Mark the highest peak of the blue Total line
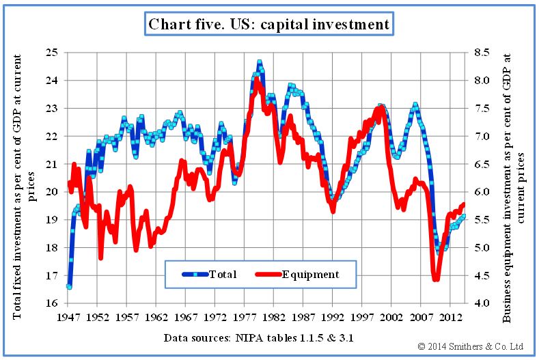(260, 62)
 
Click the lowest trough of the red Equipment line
(436, 279)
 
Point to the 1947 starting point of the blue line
(69, 287)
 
